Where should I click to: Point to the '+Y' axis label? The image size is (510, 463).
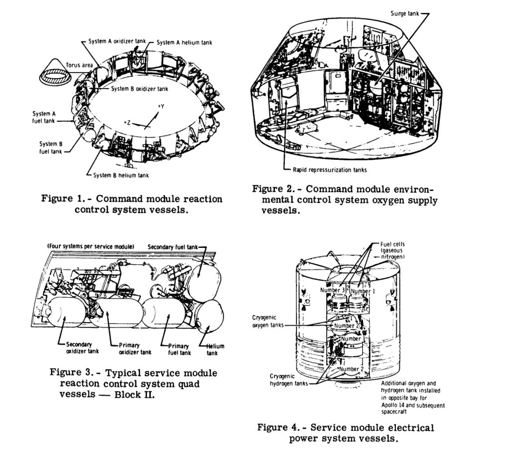[x=161, y=106]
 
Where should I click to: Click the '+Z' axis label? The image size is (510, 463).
[x=127, y=122]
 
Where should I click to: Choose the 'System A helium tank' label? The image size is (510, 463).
[x=184, y=43]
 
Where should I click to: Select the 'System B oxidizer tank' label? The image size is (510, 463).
[x=140, y=89]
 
